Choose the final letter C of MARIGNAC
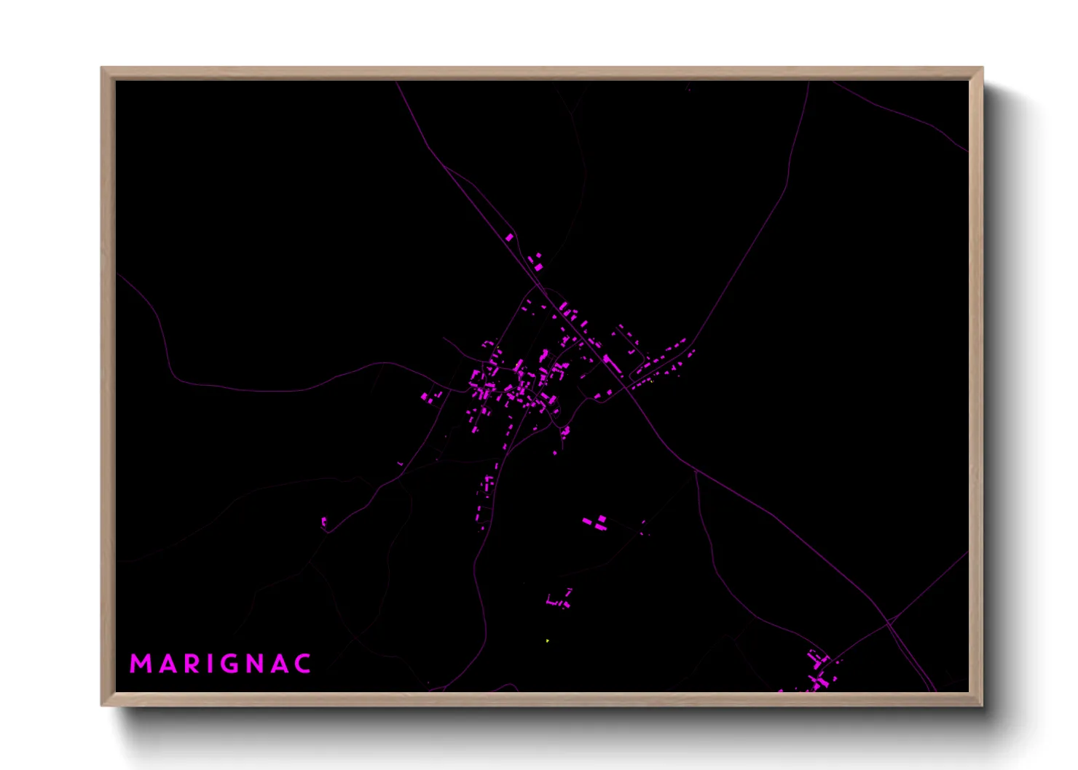(304, 664)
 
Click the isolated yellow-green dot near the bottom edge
(547, 641)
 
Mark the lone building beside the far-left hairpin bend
(324, 521)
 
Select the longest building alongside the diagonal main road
(611, 363)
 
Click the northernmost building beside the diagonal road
(509, 237)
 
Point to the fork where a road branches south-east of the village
(696, 471)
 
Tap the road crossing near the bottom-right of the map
(889, 621)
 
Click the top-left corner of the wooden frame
(102, 68)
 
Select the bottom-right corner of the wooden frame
(982, 705)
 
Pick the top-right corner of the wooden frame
(982, 68)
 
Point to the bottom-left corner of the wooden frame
(102, 705)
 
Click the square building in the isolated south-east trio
(602, 518)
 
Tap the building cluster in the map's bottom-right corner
(819, 674)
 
